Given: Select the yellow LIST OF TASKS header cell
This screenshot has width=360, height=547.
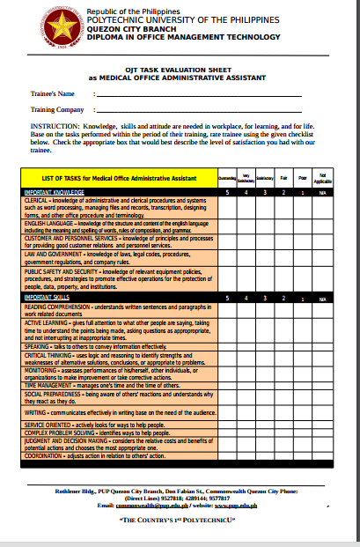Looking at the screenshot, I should tap(118, 177).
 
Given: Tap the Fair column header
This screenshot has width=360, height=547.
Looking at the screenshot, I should tap(283, 177).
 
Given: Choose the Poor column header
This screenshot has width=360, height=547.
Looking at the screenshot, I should tap(303, 177).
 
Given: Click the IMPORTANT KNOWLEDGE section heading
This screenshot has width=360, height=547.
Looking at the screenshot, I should tap(55, 190).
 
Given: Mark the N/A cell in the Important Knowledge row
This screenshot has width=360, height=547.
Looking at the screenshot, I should tap(323, 191).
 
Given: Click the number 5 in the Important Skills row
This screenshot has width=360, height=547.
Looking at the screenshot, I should tap(226, 298).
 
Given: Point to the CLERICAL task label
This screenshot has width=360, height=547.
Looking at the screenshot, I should tap(40, 199).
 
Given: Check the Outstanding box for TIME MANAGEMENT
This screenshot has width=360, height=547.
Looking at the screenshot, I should tap(226, 385).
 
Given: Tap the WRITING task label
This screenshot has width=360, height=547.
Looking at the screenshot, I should tap(35, 411).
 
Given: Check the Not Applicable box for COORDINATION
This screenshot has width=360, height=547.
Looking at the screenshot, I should tap(323, 456).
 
